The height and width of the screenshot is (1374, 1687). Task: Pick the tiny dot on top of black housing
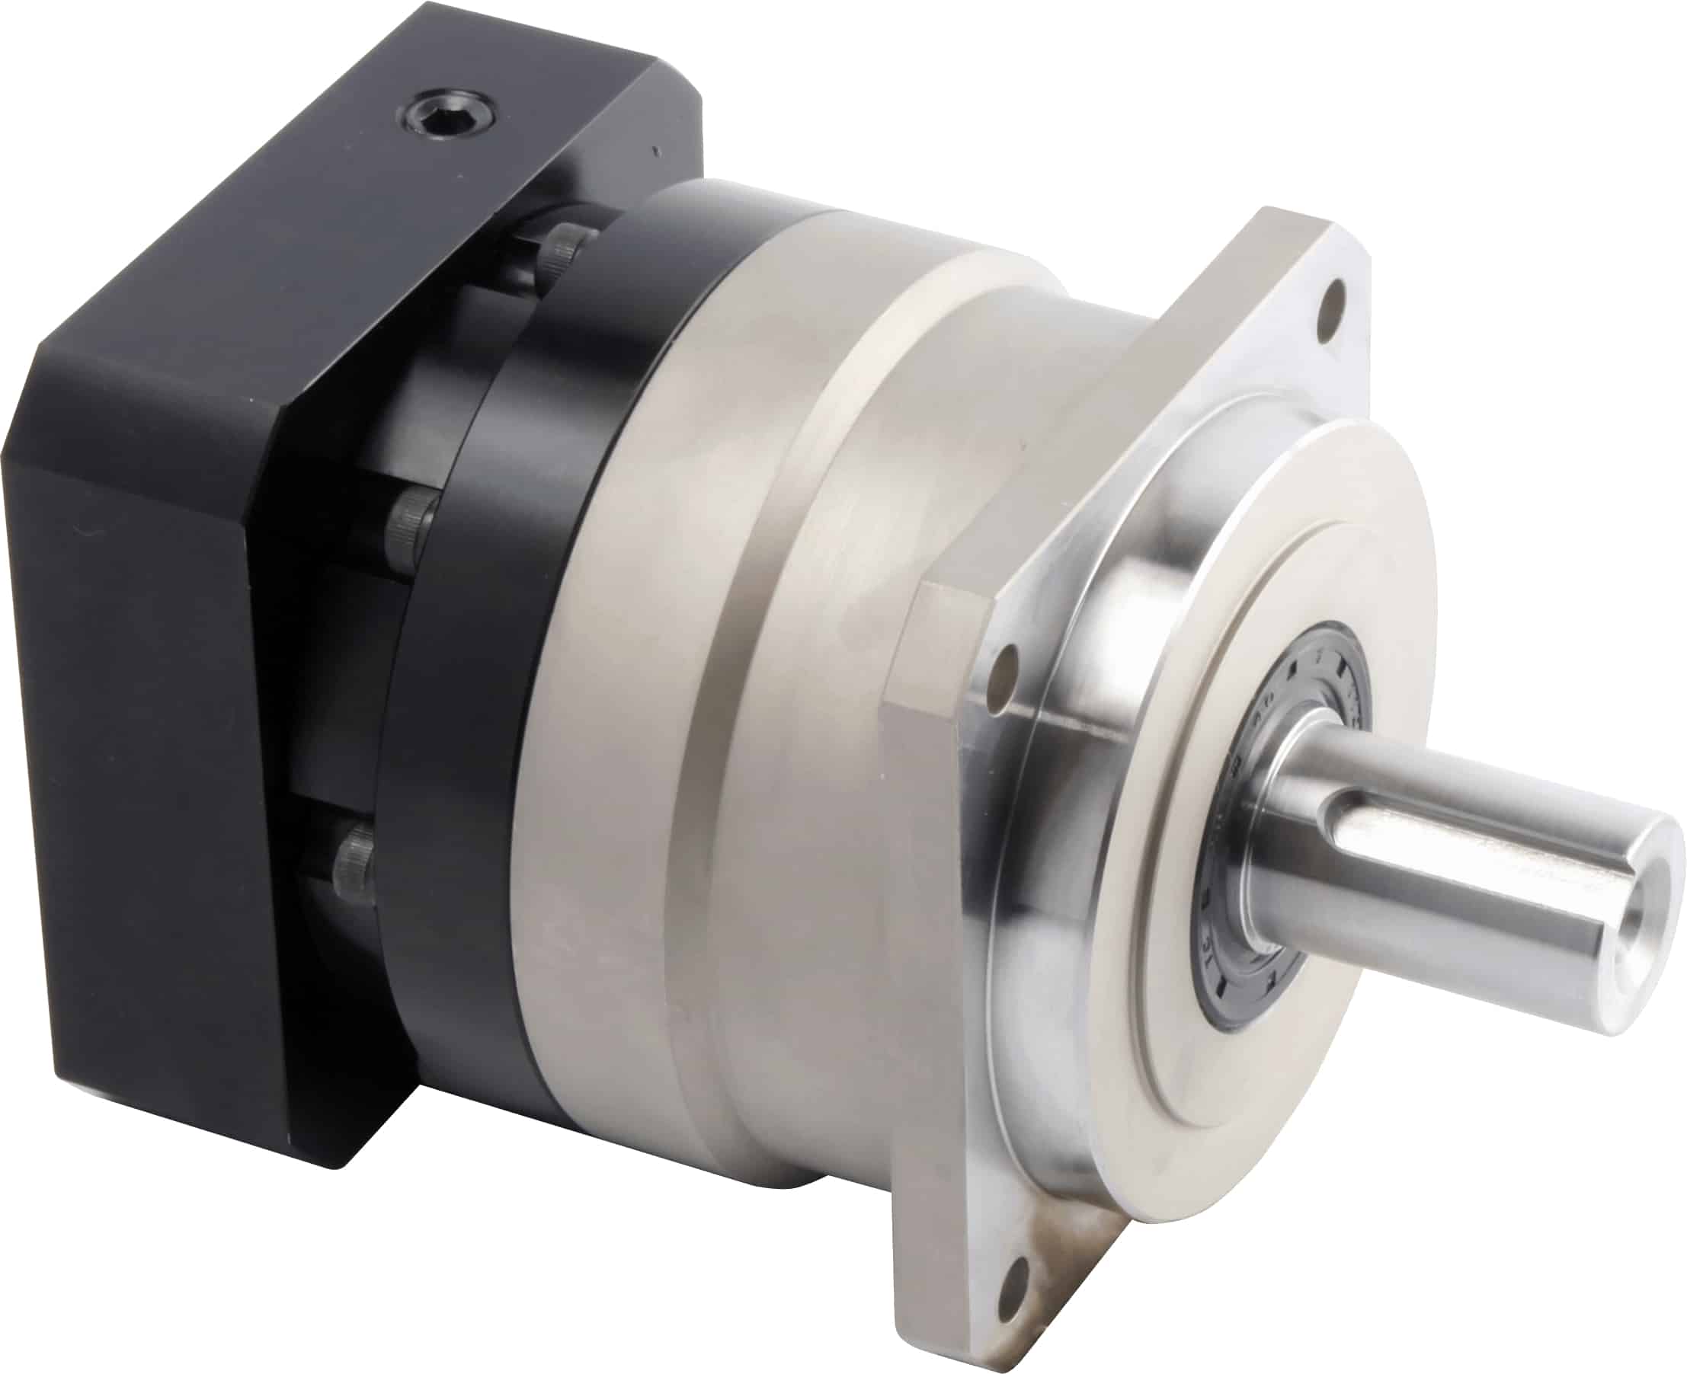point(654,149)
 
